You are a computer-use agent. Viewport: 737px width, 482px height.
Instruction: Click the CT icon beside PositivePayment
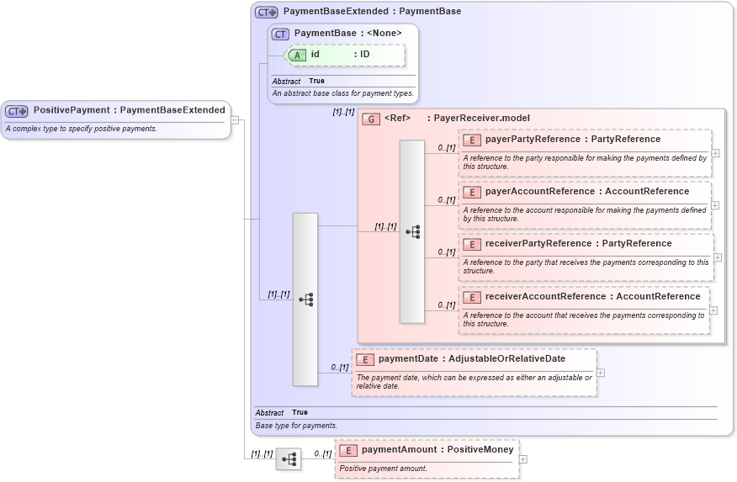pyautogui.click(x=17, y=110)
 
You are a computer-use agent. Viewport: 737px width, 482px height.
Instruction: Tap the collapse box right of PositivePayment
pyautogui.click(x=236, y=120)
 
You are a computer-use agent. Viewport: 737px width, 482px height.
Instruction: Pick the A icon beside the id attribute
pyautogui.click(x=297, y=55)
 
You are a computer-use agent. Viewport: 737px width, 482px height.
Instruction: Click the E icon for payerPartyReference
pyautogui.click(x=471, y=140)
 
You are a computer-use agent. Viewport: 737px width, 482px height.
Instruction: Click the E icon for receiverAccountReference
pyautogui.click(x=471, y=297)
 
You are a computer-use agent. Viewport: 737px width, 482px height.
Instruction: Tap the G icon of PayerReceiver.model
pyautogui.click(x=370, y=119)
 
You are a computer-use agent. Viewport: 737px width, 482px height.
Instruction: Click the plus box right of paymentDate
pyautogui.click(x=601, y=372)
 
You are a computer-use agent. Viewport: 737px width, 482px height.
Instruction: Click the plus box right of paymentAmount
pyautogui.click(x=523, y=459)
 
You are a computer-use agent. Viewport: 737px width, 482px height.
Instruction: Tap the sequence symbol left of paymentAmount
pyautogui.click(x=289, y=459)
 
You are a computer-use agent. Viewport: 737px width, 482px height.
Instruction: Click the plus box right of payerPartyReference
pyautogui.click(x=715, y=153)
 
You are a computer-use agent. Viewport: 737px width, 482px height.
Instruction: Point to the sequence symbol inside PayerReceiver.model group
pyautogui.click(x=412, y=231)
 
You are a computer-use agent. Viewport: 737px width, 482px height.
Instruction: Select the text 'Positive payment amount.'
pyautogui.click(x=383, y=469)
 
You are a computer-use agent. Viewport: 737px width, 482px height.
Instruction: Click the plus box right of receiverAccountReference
pyautogui.click(x=713, y=310)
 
